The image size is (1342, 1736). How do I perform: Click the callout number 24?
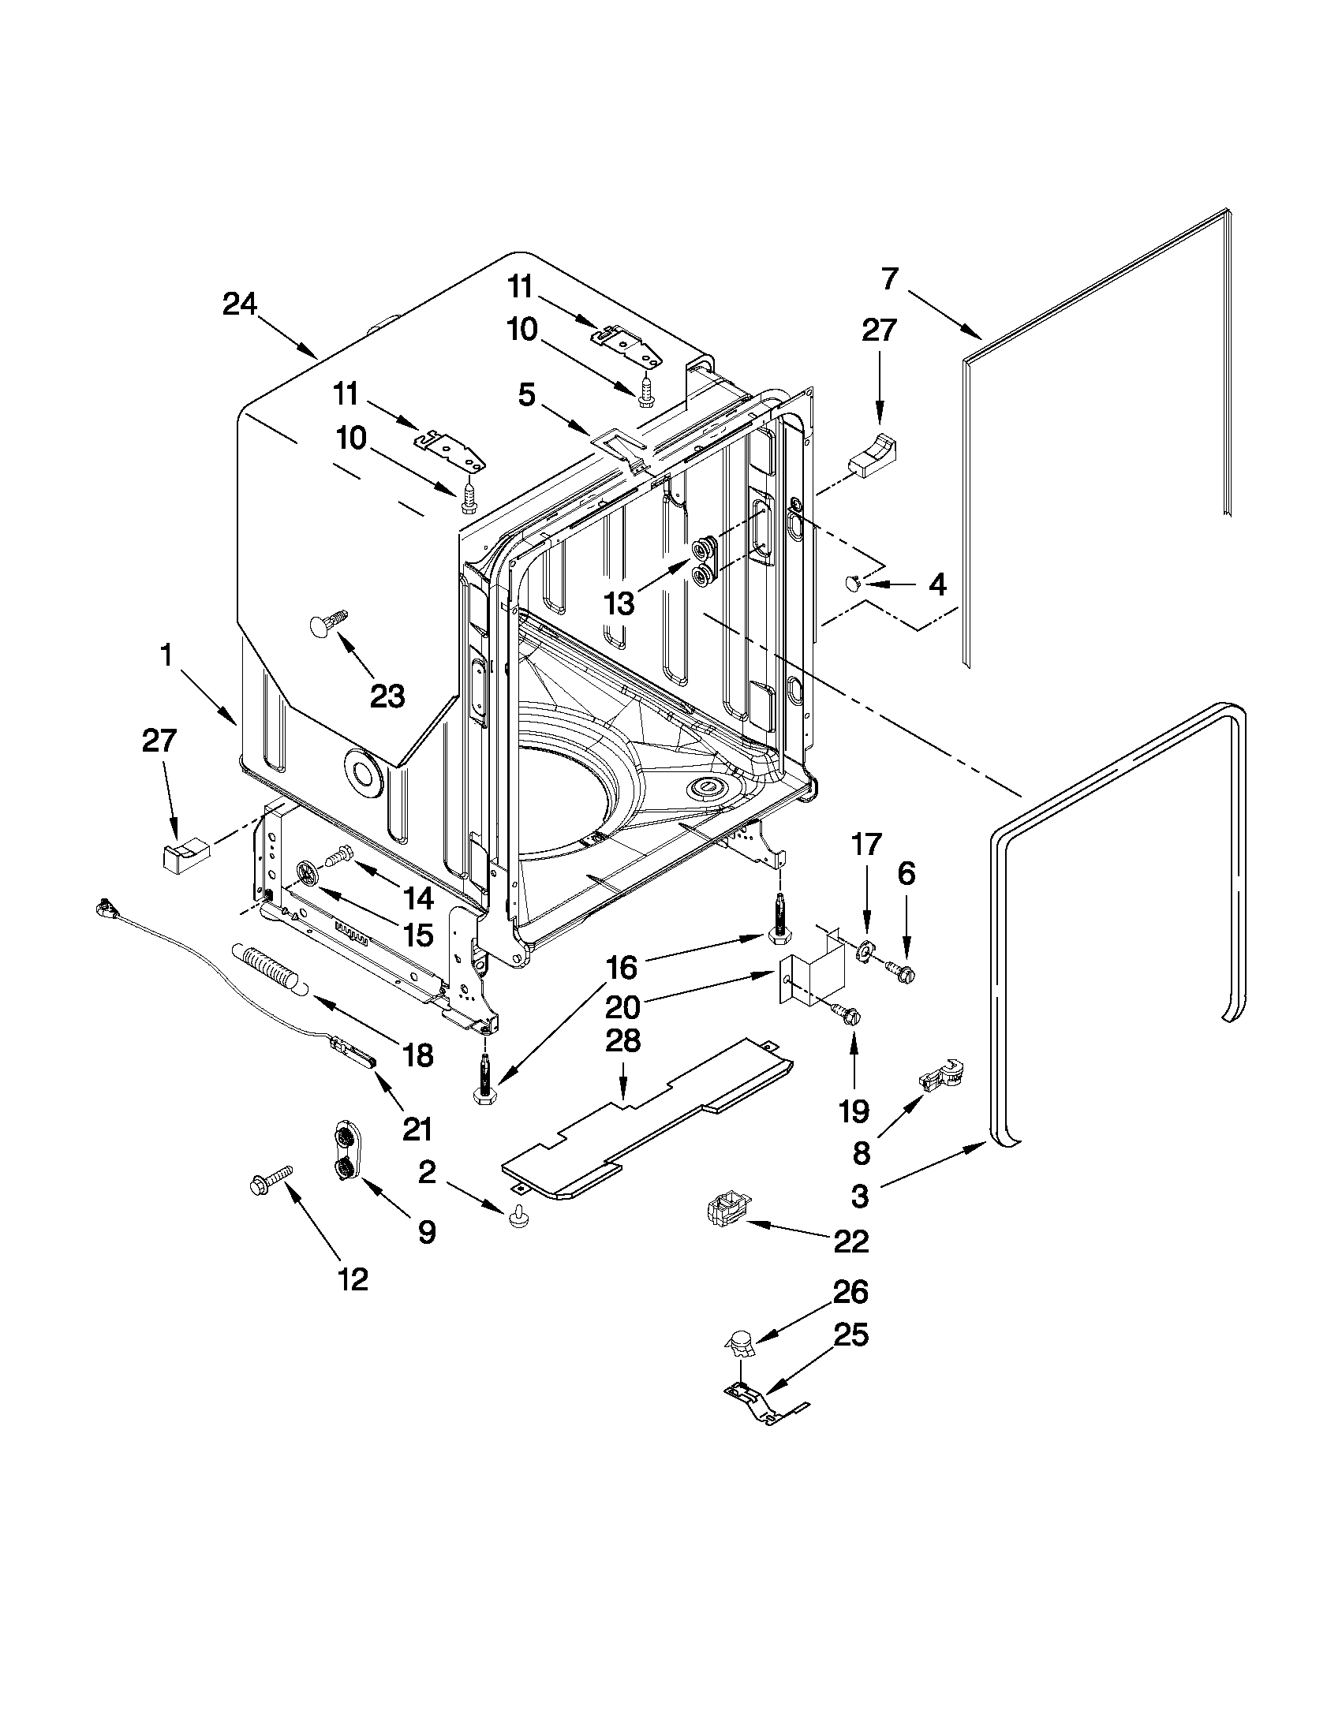point(239,304)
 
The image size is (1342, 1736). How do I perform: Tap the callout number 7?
point(890,278)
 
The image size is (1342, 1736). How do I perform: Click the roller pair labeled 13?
point(705,561)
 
